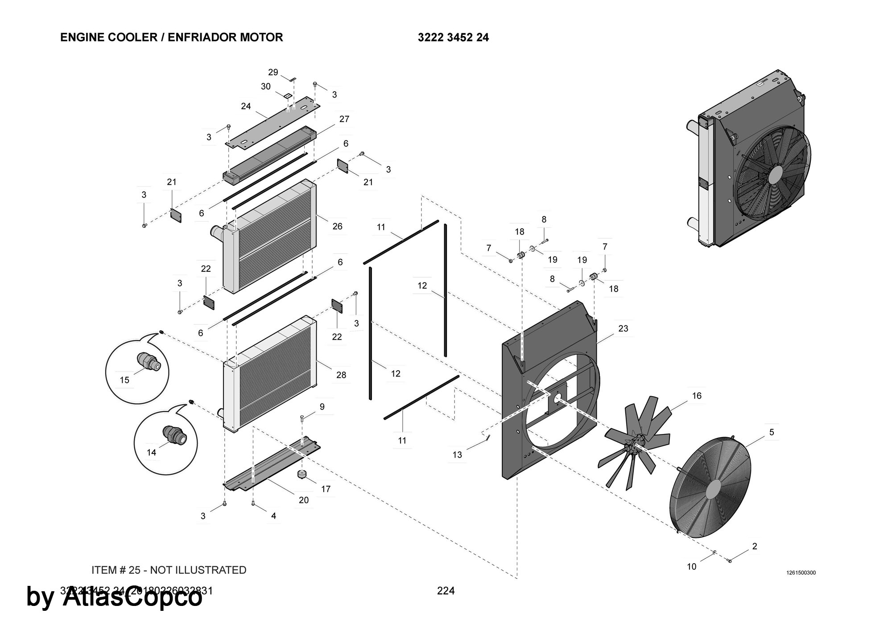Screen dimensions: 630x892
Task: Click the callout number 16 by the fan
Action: (x=697, y=396)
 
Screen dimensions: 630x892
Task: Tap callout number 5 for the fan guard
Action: (x=772, y=432)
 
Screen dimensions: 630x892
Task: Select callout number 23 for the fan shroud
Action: (x=623, y=328)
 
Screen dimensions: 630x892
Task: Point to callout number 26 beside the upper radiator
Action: (x=337, y=226)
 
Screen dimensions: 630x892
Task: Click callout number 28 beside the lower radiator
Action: (x=341, y=375)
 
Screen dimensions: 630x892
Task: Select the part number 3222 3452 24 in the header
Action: (x=453, y=37)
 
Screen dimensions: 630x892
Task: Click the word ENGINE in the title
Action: (x=82, y=37)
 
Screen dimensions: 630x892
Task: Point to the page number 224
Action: (x=446, y=591)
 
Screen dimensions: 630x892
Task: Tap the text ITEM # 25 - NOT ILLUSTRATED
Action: (x=169, y=570)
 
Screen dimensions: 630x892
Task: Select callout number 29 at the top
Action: (x=273, y=72)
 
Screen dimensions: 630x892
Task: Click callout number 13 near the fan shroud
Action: (x=457, y=454)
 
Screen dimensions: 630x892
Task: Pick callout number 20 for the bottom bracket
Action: (x=304, y=500)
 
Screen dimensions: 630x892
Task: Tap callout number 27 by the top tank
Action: (x=344, y=119)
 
